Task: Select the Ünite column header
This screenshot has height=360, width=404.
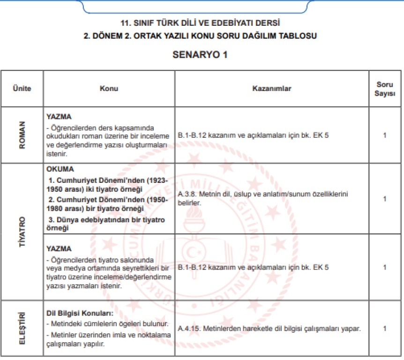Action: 22,89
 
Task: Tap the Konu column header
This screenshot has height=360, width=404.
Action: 109,89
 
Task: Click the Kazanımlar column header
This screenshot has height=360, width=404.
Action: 272,89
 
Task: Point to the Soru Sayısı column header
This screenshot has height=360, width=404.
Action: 385,89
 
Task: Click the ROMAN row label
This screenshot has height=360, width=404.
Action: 22,135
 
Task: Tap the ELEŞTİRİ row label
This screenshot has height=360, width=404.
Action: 22,328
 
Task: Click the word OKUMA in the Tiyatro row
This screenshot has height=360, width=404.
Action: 60,169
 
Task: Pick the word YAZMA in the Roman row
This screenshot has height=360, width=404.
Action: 59,116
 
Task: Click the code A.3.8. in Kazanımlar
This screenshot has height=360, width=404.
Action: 188,194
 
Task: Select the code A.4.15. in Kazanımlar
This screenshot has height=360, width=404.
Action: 190,329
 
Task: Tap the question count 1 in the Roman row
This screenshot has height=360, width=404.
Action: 385,135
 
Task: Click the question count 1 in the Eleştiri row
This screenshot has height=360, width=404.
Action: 385,329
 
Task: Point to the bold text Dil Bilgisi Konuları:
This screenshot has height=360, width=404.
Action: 80,313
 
